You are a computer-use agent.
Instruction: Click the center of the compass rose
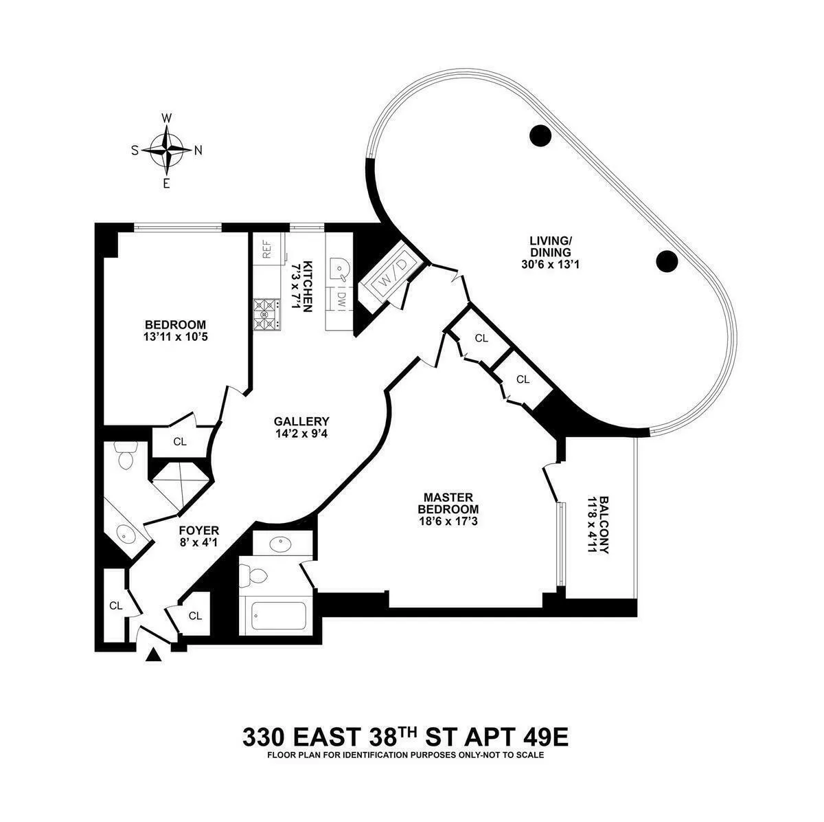click(166, 150)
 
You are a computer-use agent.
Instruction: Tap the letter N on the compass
click(198, 151)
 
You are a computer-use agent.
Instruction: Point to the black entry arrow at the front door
click(154, 656)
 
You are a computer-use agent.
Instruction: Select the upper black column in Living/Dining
click(540, 135)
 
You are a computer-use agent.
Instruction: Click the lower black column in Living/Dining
click(667, 260)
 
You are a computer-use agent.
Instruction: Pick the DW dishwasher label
click(339, 298)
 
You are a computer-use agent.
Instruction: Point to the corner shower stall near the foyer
click(180, 486)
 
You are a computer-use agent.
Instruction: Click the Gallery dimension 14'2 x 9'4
click(301, 434)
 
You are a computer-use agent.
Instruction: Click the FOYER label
click(198, 530)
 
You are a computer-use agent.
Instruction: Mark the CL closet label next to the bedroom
click(180, 442)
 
